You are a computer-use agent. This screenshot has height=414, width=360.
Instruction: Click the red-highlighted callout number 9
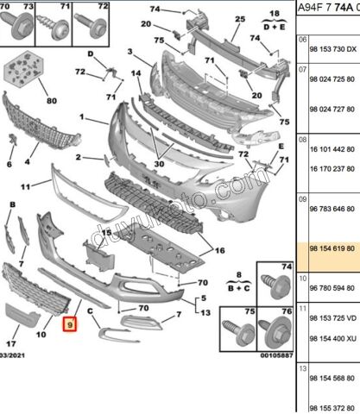coord(70,325)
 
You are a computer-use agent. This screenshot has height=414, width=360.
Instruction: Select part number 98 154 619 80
coord(333,246)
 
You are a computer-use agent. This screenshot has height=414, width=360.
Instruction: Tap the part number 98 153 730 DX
coord(333,50)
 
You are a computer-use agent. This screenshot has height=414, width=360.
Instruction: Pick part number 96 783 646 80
coord(333,208)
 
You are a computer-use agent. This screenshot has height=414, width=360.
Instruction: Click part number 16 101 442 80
coord(333,148)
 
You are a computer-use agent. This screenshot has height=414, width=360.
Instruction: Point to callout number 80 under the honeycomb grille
coord(51,101)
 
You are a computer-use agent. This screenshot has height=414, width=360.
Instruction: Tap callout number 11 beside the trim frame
coord(25,185)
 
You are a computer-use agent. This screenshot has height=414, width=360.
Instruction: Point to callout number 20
coord(256,93)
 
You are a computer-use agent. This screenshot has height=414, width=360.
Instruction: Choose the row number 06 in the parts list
coord(302,40)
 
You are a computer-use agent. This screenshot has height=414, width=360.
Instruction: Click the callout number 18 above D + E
coord(277,15)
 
